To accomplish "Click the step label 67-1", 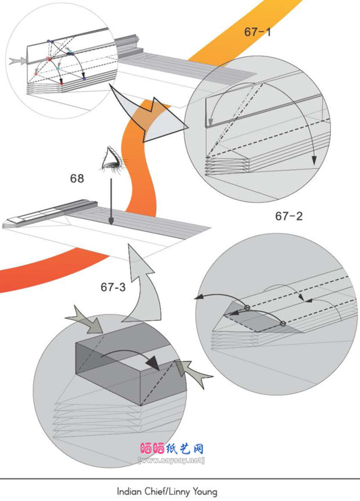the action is click(258, 31).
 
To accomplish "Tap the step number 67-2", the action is click(289, 216).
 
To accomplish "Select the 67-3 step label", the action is click(113, 287).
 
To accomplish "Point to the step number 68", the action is click(77, 178).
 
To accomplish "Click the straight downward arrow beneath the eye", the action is click(111, 201).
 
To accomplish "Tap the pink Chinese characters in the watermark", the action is click(153, 449).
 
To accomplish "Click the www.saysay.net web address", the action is click(171, 460).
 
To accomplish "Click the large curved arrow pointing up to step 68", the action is click(142, 283).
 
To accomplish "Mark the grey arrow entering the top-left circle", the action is click(17, 60).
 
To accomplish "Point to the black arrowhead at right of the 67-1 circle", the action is click(315, 160).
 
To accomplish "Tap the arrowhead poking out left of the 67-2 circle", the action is click(198, 298).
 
